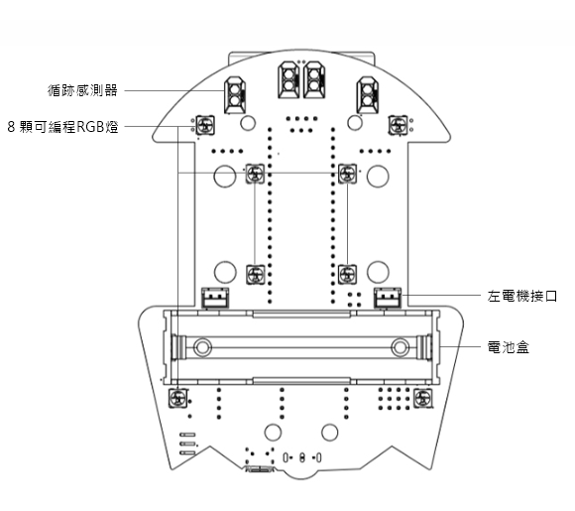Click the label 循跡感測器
click(82, 90)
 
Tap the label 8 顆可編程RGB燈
click(63, 127)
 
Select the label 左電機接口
click(522, 296)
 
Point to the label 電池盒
click(509, 347)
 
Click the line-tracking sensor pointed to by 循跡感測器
click(235, 94)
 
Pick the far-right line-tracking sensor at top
click(368, 94)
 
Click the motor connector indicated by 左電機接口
click(388, 298)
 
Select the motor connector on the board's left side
click(215, 298)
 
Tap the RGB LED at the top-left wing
click(205, 125)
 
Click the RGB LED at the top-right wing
click(398, 125)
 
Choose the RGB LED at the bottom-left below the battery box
click(177, 398)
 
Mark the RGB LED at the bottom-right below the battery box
click(422, 398)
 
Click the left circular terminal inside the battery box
click(202, 347)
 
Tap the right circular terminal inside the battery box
click(401, 347)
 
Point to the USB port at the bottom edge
click(260, 468)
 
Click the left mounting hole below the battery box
click(273, 433)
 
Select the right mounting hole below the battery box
click(330, 433)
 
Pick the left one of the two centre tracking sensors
click(288, 80)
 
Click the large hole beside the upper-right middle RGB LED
click(378, 177)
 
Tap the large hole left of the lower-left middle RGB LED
click(225, 272)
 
